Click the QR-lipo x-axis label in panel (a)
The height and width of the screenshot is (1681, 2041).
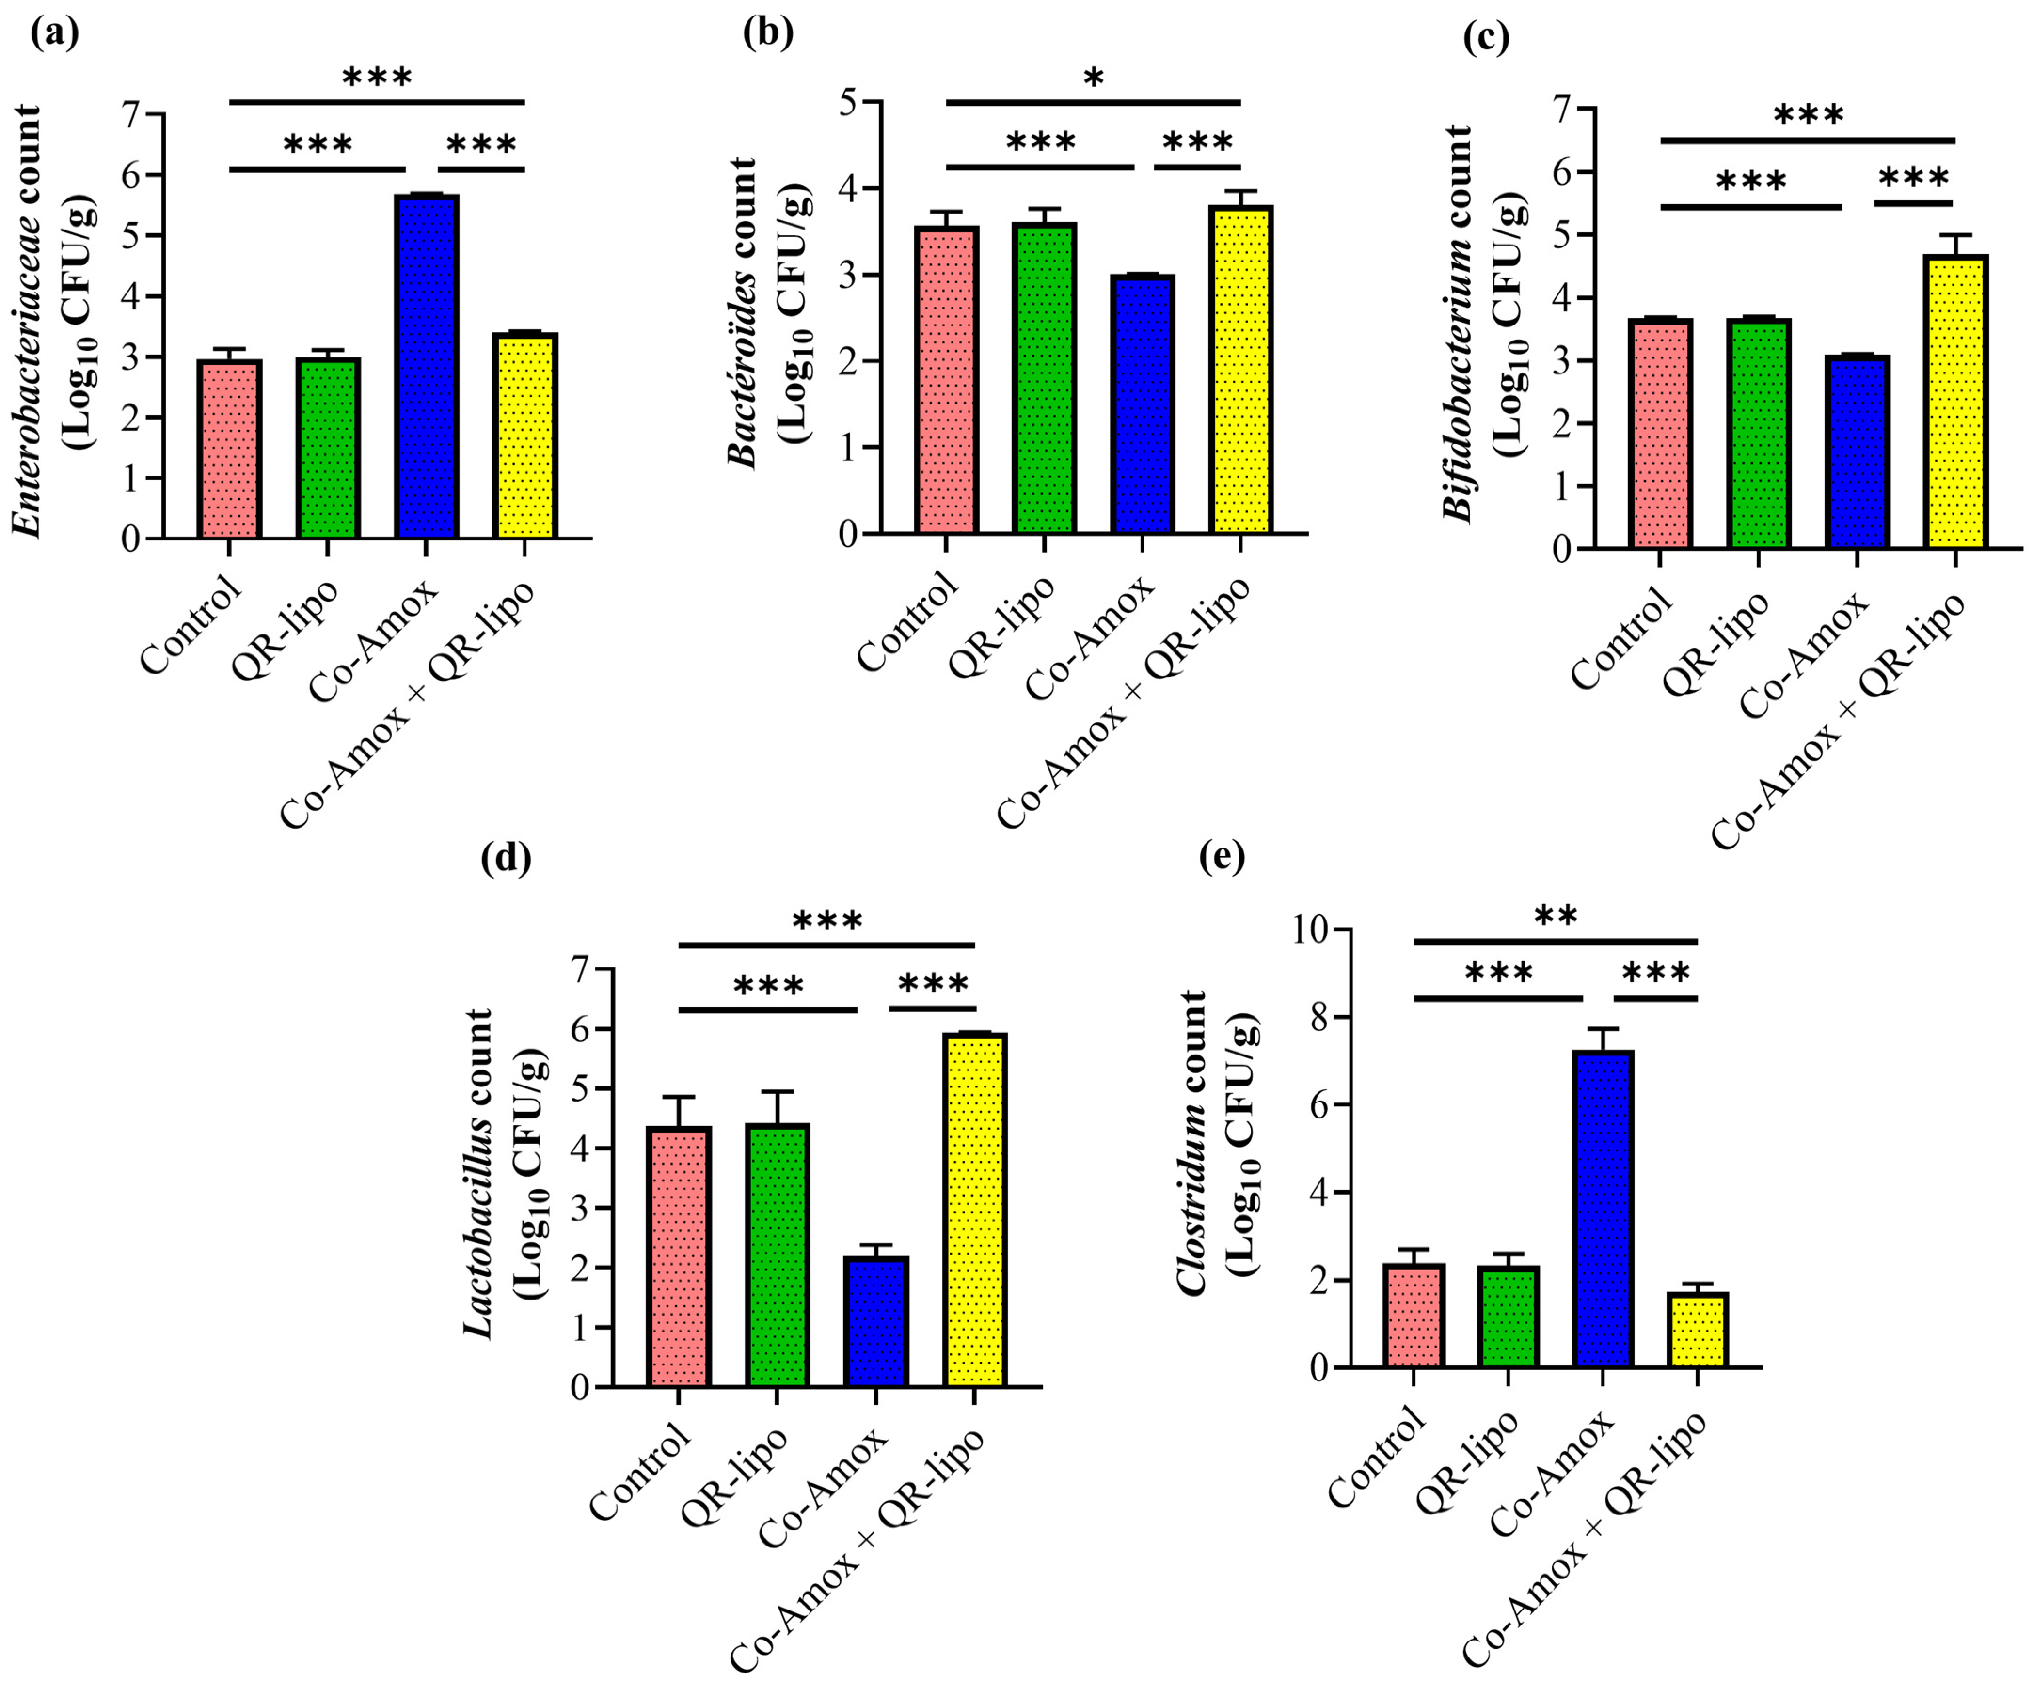click(x=286, y=629)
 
